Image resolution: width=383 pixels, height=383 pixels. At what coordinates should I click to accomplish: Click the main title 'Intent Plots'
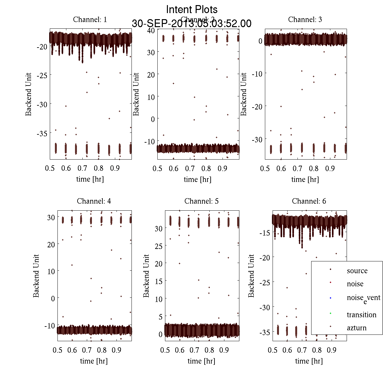(x=192, y=9)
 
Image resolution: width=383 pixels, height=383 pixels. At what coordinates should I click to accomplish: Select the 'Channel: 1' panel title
(x=90, y=19)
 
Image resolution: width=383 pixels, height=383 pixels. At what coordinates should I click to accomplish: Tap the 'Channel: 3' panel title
(x=305, y=19)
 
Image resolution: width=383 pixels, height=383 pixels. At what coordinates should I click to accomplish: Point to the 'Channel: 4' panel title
(x=94, y=201)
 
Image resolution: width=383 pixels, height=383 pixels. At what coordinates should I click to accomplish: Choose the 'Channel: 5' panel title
(x=201, y=201)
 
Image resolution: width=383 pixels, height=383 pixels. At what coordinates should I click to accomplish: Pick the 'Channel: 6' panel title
(x=309, y=201)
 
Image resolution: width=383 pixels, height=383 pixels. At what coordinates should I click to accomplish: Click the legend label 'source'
(x=357, y=271)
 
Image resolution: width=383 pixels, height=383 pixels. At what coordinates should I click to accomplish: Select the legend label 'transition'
(x=362, y=315)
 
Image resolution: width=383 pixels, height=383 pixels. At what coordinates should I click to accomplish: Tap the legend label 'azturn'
(x=357, y=328)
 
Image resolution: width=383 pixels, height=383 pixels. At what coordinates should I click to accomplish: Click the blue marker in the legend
(x=330, y=298)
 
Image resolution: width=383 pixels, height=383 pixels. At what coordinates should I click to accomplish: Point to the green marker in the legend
(x=330, y=313)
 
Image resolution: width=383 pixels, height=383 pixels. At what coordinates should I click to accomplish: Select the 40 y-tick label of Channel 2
(x=151, y=30)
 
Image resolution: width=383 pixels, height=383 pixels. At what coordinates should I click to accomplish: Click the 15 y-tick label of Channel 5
(x=158, y=281)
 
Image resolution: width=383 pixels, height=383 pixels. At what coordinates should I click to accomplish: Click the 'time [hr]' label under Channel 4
(x=94, y=361)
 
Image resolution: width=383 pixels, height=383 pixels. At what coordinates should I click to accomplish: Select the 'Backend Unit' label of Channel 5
(x=146, y=276)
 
